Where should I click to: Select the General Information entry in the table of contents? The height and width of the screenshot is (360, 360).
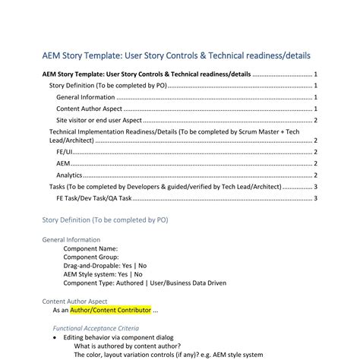point(86,97)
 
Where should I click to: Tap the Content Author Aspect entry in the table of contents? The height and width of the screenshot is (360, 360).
point(90,109)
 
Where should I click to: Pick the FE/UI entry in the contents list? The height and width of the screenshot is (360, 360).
point(65,152)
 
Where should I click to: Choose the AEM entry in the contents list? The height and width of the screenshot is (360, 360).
point(64,163)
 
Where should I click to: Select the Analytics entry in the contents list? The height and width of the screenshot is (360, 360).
point(69,175)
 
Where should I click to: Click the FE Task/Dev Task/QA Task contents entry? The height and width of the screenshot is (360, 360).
point(94,197)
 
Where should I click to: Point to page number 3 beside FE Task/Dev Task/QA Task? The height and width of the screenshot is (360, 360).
point(315,197)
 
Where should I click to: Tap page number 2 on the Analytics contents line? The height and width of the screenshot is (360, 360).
point(315,175)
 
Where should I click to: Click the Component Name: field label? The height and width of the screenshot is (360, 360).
point(90,248)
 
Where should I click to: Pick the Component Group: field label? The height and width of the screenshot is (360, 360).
point(92,257)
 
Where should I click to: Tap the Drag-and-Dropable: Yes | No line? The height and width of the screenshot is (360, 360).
point(105,265)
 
